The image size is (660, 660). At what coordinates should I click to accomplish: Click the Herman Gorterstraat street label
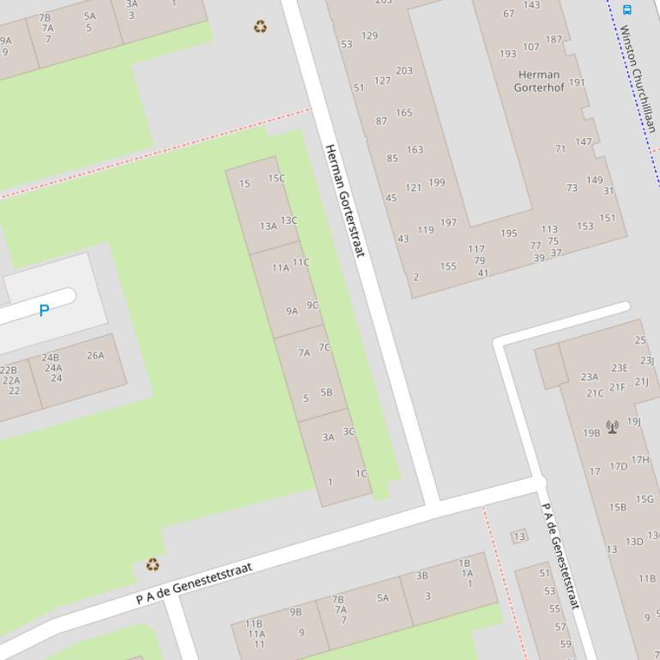pos(344,201)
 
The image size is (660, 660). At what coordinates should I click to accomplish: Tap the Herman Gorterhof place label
pos(538,81)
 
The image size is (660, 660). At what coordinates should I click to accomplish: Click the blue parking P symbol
pos(44,310)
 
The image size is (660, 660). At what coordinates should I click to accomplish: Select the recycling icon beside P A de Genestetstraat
pos(153,564)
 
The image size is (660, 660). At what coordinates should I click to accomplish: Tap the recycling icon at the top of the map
pos(260,27)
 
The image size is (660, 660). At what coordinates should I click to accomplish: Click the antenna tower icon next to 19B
pos(613,426)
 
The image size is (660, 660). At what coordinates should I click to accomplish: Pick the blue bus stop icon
pos(627,9)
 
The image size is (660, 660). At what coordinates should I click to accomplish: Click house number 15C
pos(276,178)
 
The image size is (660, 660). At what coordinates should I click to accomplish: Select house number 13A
pos(269,226)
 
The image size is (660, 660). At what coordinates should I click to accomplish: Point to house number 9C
pos(312,304)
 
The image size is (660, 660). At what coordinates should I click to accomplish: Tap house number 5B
pos(326,393)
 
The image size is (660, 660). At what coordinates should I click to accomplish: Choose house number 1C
pos(361,473)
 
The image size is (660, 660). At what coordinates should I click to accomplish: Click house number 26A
pos(95,355)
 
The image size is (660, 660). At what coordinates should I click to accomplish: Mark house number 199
pos(436,182)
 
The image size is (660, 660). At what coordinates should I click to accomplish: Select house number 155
pos(448,266)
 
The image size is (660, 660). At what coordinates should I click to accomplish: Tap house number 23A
pos(589,376)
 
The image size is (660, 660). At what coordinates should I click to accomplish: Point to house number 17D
pos(618,466)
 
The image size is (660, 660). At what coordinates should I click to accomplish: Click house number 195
pos(509,233)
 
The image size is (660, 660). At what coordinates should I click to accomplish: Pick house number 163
pos(415,149)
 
